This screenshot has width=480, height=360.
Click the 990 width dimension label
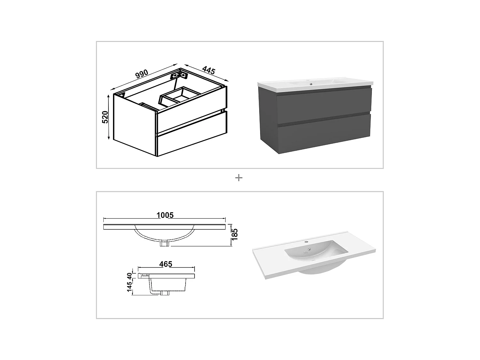[x=141, y=74]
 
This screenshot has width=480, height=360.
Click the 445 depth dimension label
[x=208, y=71]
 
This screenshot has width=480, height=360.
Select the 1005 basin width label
[x=165, y=215]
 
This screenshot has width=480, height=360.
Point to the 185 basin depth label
[x=235, y=235]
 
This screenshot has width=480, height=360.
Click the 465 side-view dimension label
[x=165, y=264]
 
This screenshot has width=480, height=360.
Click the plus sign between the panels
[x=239, y=178]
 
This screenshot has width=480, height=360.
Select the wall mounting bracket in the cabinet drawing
[x=179, y=76]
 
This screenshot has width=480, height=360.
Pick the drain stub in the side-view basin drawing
[x=165, y=293]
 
